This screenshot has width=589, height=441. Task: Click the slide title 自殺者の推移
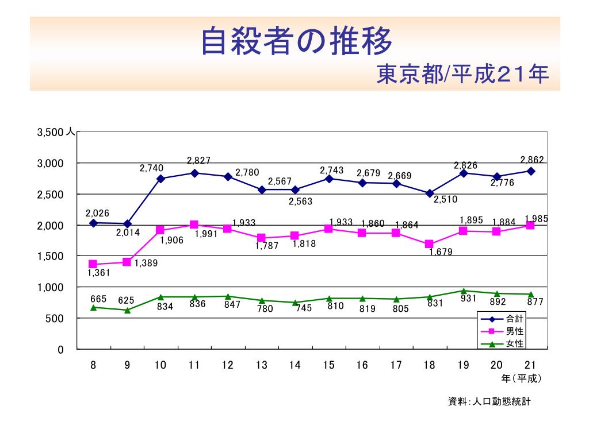(296, 41)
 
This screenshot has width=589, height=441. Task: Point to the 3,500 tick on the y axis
(49, 133)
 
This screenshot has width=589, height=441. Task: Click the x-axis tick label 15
(328, 366)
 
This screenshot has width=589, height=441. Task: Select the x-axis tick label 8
(93, 366)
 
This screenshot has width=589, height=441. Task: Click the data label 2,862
(532, 160)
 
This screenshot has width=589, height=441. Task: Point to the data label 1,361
(98, 273)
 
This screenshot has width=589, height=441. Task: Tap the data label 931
(468, 298)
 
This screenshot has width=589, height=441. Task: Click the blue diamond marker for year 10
(160, 179)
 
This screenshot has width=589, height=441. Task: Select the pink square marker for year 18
(429, 244)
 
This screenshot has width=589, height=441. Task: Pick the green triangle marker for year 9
(127, 310)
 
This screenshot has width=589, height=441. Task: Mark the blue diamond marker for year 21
(531, 171)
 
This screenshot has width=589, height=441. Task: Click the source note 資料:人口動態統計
(489, 402)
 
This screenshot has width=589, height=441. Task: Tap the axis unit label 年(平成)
(521, 378)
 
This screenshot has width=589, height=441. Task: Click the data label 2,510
(445, 199)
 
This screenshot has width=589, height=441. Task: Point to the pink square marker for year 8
(93, 264)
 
